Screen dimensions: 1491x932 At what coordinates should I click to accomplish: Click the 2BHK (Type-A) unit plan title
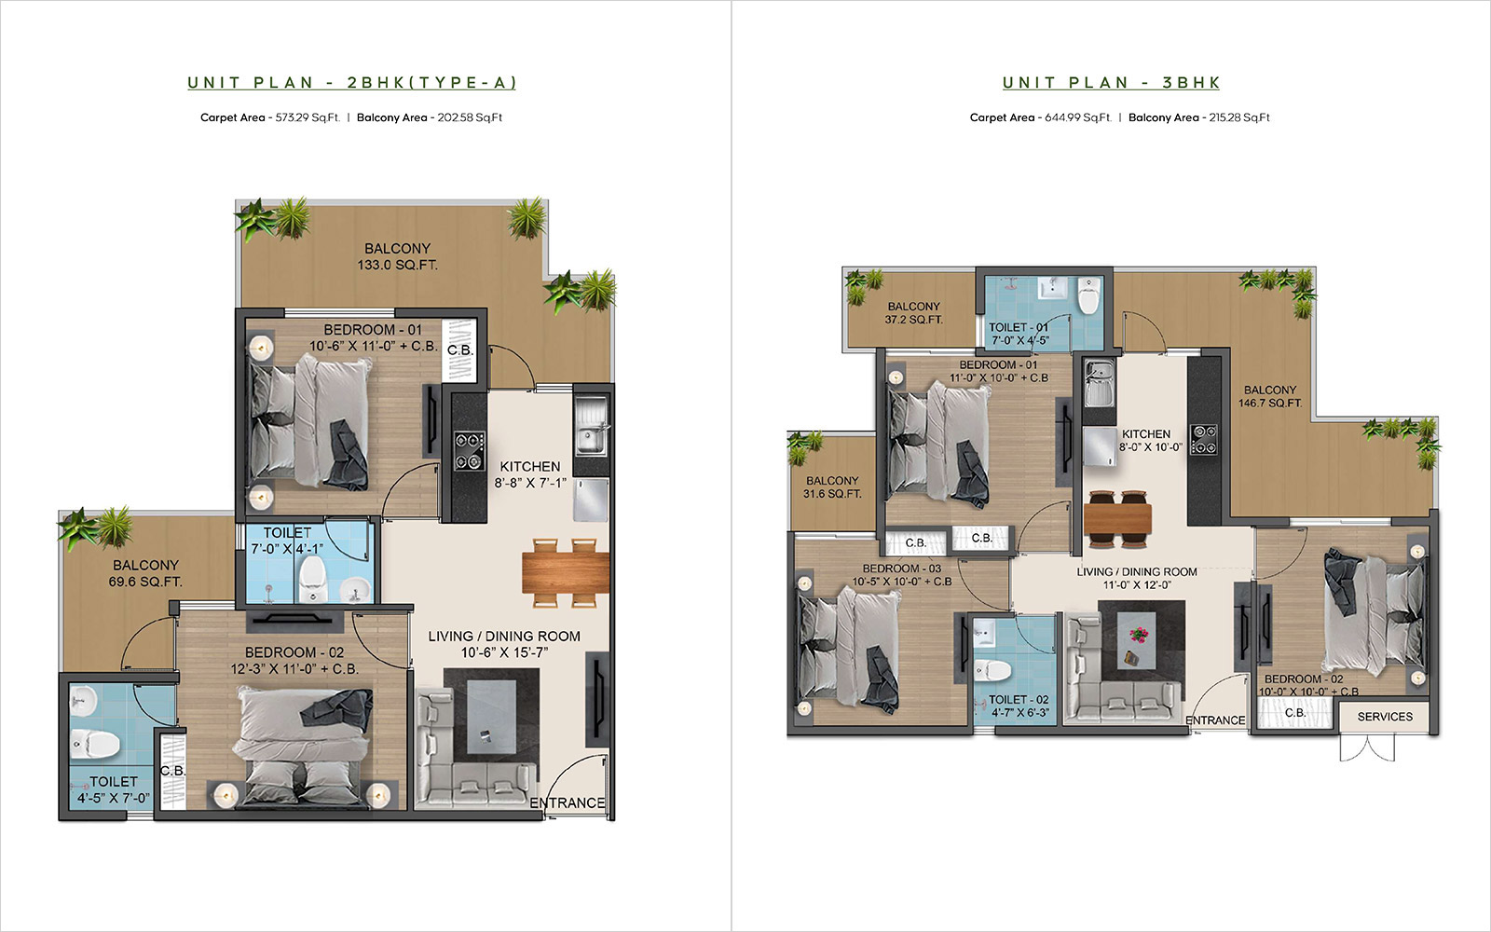pos(352,83)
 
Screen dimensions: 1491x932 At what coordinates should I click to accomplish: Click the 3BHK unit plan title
pos(1111,83)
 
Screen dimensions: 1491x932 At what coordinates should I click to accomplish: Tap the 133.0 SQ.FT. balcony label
pos(397,256)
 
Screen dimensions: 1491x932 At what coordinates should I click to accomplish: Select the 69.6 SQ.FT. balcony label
pos(145,573)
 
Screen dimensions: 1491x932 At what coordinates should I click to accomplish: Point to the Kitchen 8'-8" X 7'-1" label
pos(530,474)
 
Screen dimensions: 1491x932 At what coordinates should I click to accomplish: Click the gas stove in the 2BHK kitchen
pos(469,451)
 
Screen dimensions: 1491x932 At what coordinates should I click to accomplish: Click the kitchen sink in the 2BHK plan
pos(591,425)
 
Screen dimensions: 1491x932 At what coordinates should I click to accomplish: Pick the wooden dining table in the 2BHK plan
pos(565,572)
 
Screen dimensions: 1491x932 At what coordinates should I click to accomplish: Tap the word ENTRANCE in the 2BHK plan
pos(568,802)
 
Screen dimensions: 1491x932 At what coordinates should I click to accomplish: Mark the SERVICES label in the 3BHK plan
pos(1385,717)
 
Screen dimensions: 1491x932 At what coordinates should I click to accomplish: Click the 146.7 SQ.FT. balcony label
pos(1270,396)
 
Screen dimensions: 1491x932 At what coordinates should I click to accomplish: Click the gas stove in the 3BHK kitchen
pos(1203,439)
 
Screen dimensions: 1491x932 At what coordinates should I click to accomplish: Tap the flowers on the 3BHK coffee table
pos(1140,635)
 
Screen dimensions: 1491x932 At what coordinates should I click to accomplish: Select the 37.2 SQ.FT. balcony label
pos(913,313)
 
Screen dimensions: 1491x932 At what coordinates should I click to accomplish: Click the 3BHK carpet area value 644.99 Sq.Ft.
pos(1078,117)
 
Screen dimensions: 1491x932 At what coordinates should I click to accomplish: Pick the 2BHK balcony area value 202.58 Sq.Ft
pos(470,117)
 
